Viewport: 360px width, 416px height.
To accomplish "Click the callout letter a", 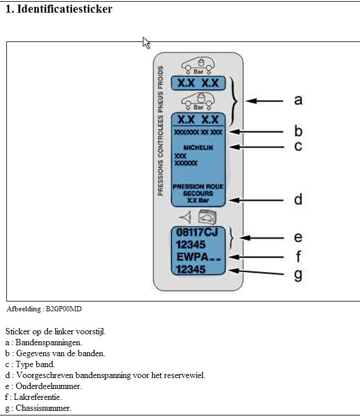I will point(298,100).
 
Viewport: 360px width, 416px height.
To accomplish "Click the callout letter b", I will point(298,131).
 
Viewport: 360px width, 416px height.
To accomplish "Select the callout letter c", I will point(298,147).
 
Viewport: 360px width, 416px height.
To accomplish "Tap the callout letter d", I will point(298,200).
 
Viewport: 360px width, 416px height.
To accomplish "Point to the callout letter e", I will point(298,236).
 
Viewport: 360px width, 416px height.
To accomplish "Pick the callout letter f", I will point(298,255).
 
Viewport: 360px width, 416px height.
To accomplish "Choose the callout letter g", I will point(298,274).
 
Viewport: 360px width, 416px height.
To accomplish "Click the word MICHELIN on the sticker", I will point(198,148).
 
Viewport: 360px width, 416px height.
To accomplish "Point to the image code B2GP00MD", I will point(63,309).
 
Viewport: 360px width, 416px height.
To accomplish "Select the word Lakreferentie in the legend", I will point(37,397).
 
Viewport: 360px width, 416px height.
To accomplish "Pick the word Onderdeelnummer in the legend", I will point(48,386).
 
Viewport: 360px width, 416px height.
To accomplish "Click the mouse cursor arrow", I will point(146,42).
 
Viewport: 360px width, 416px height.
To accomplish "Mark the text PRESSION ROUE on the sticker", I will point(198,187).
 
